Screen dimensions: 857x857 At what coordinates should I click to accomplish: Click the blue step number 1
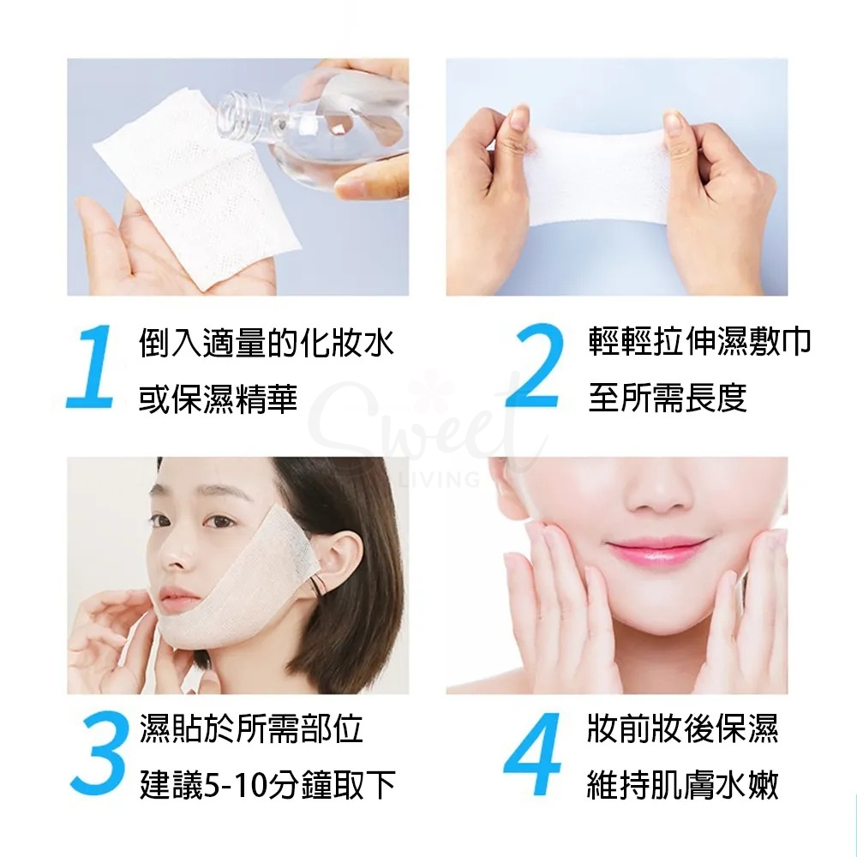click(x=92, y=367)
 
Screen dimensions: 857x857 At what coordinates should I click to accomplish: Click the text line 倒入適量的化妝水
click(x=267, y=344)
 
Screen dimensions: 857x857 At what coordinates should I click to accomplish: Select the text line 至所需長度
click(x=668, y=397)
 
